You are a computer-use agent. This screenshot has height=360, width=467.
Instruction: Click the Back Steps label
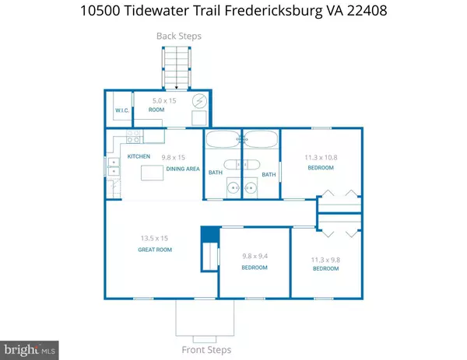tap(179, 36)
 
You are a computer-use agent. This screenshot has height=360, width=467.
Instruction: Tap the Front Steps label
tap(206, 350)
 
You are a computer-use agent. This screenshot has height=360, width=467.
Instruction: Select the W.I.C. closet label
tap(122, 110)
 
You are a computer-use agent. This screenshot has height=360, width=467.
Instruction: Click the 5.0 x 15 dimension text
tap(164, 101)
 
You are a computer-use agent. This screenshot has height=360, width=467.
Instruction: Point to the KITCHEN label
tap(139, 156)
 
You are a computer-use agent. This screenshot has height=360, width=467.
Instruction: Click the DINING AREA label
tap(183, 169)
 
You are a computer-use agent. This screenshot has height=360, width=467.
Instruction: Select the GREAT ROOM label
tap(155, 250)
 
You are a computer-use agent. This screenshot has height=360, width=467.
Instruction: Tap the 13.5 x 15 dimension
tap(154, 238)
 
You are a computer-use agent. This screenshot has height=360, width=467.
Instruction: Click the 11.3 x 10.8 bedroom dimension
tap(321, 158)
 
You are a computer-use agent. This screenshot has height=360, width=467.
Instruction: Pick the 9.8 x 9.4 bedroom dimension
tap(255, 256)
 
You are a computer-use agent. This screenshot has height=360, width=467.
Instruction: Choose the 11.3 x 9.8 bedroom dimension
tap(325, 260)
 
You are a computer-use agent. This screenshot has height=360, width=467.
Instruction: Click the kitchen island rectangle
tap(152, 173)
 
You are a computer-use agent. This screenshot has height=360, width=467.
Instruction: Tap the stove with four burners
tap(133, 137)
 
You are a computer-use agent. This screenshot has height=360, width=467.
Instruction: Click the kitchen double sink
tap(114, 167)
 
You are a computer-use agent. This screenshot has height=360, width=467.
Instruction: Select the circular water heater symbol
tap(199, 101)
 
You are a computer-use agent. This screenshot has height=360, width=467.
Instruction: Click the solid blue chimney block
tap(210, 234)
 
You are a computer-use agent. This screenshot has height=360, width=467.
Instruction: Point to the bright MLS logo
tap(30, 350)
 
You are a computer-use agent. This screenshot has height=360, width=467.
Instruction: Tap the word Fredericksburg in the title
tap(273, 11)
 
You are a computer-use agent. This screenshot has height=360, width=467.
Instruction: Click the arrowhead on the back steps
tap(177, 88)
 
